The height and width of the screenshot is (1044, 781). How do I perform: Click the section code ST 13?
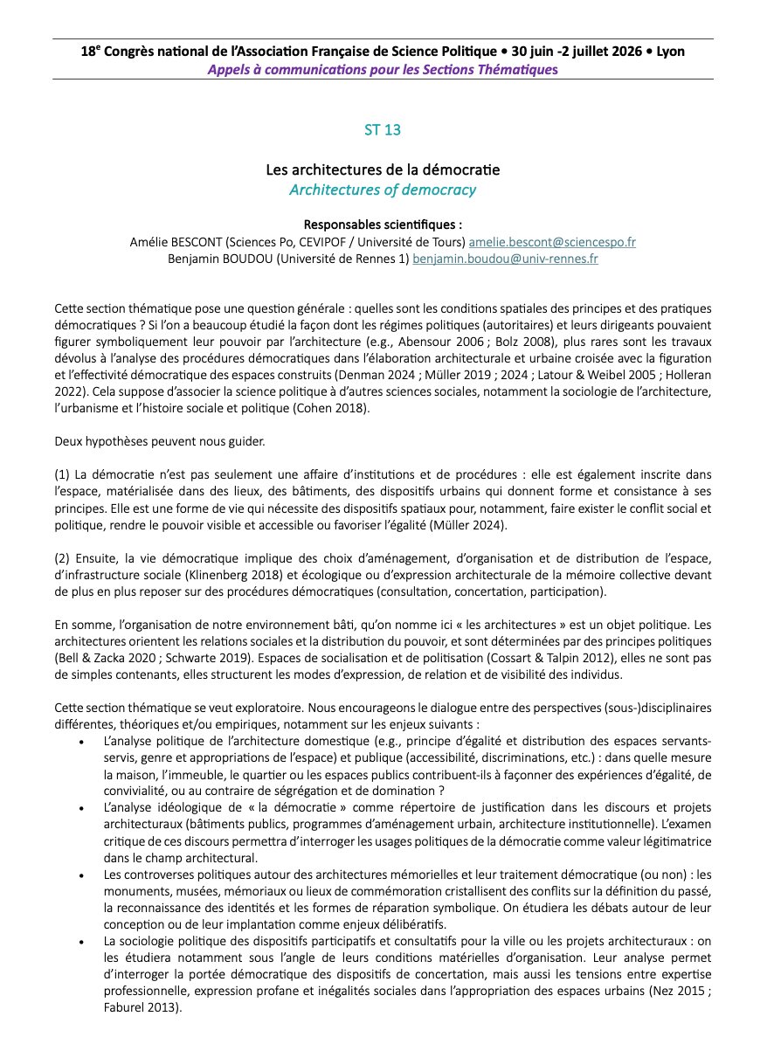point(383,130)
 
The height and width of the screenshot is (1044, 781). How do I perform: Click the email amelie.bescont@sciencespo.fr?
point(552,241)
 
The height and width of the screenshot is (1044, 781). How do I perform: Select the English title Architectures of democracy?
point(383,189)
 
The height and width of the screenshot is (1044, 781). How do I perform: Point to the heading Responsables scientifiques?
point(383,224)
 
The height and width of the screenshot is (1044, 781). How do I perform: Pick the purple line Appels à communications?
point(383,70)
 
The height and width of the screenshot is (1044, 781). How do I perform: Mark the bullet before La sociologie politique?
point(80,941)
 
